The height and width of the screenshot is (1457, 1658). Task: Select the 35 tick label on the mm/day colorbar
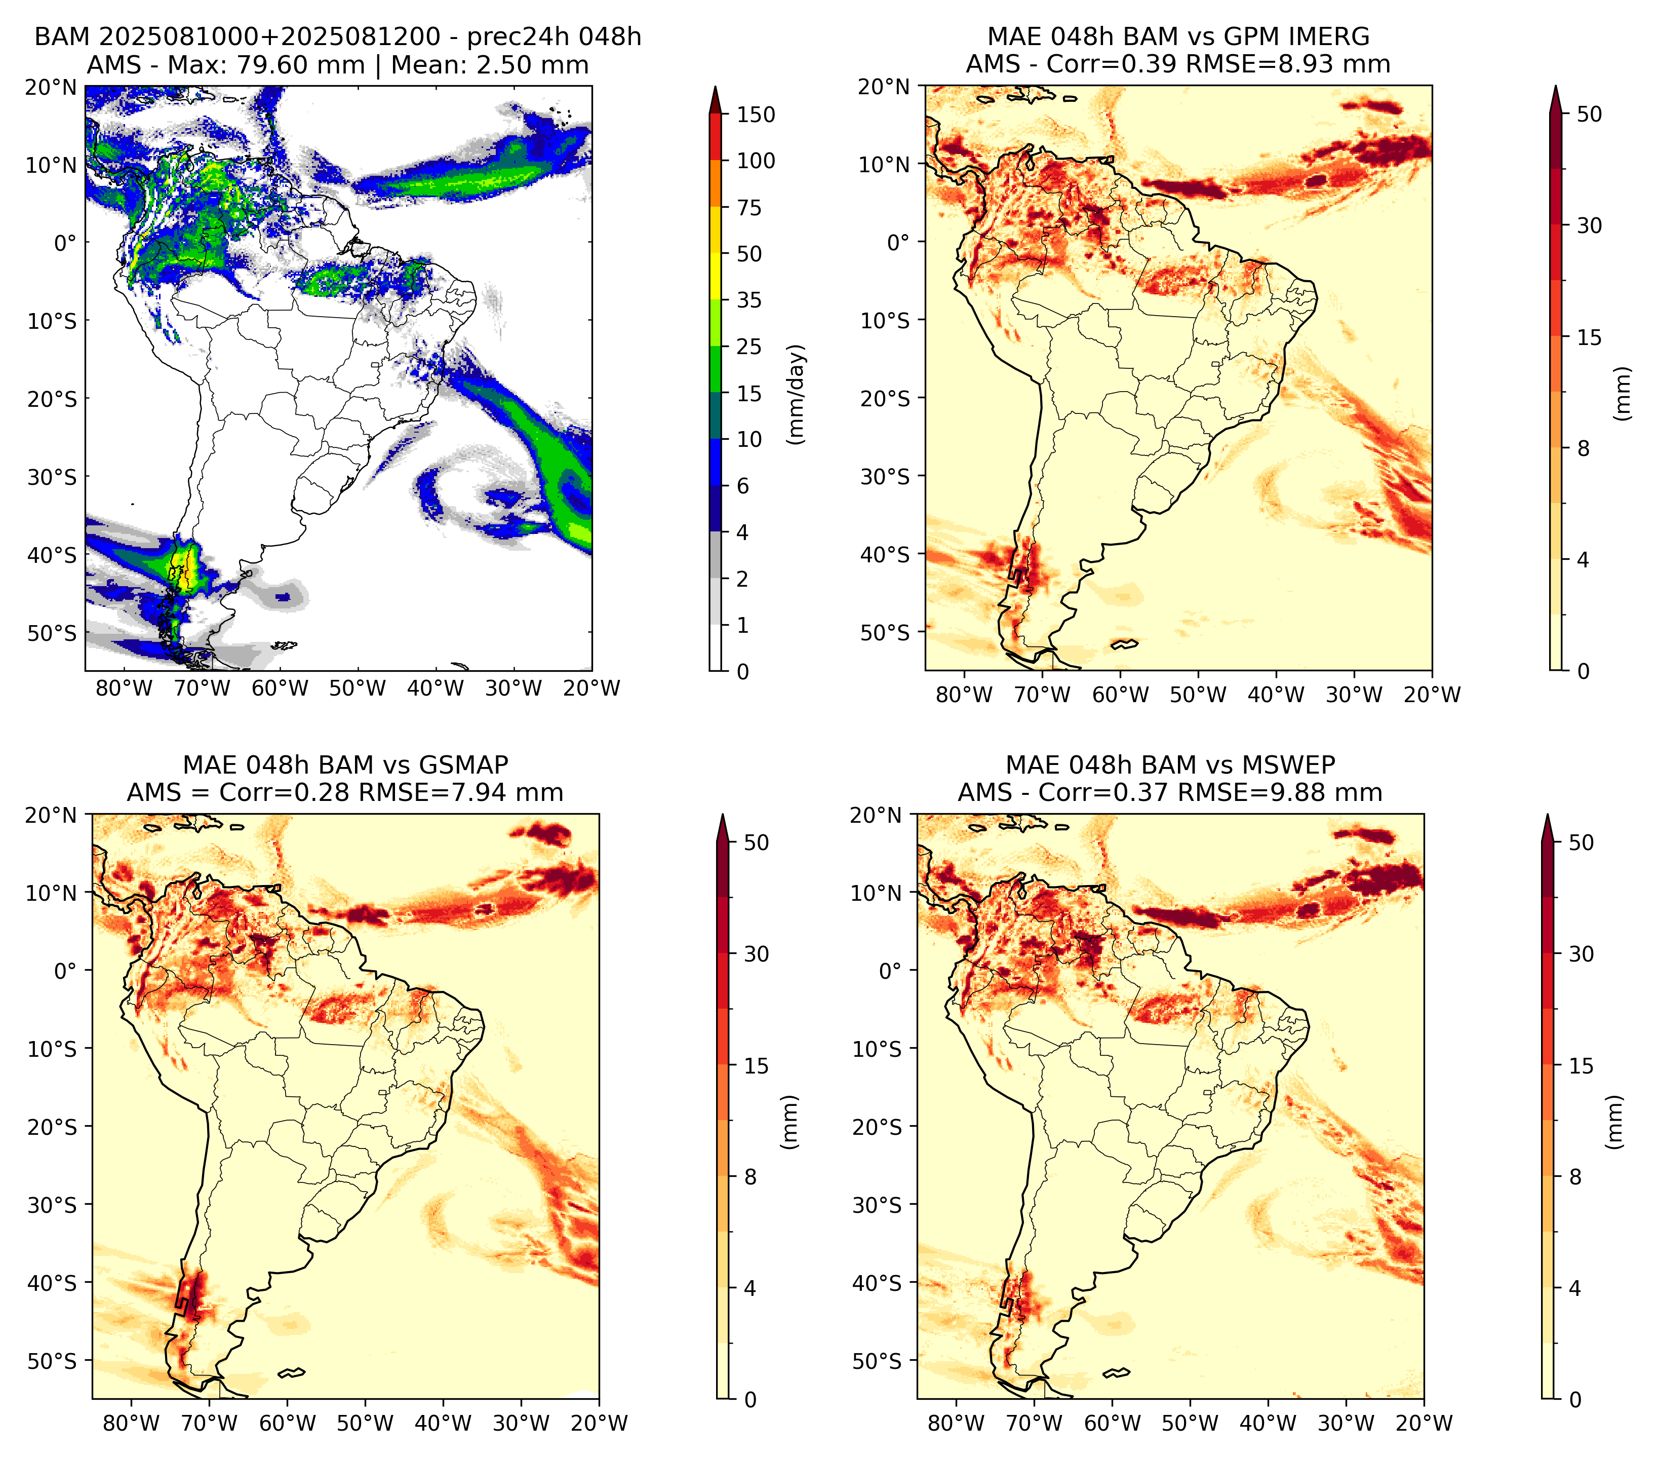click(749, 300)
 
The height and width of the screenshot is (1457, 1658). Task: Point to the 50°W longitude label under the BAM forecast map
click(358, 689)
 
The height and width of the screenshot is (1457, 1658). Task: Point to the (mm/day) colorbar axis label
click(798, 394)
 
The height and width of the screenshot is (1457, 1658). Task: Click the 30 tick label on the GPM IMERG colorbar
click(1589, 225)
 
